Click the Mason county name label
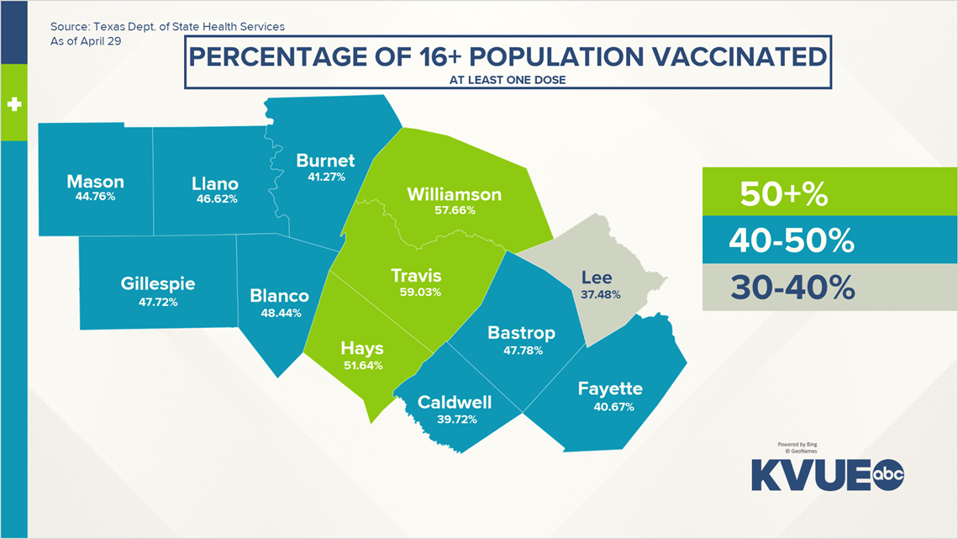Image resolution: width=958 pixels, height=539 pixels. [x=95, y=182]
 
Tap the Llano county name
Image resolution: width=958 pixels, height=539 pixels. [x=214, y=183]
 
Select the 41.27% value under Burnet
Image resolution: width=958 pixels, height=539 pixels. [x=325, y=177]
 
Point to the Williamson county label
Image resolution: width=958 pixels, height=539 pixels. [x=454, y=194]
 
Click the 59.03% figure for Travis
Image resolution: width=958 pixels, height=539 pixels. [x=420, y=292]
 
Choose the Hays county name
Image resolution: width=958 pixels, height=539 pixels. [x=362, y=348]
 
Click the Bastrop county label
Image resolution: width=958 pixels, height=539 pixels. [x=521, y=333]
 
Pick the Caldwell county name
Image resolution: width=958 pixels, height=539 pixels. [x=455, y=402]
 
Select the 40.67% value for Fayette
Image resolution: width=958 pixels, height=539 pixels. [x=610, y=407]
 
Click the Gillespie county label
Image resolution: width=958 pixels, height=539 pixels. [x=158, y=284]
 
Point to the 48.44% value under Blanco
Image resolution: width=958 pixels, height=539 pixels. [x=280, y=312]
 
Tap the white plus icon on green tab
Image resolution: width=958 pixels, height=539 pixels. [x=13, y=105]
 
